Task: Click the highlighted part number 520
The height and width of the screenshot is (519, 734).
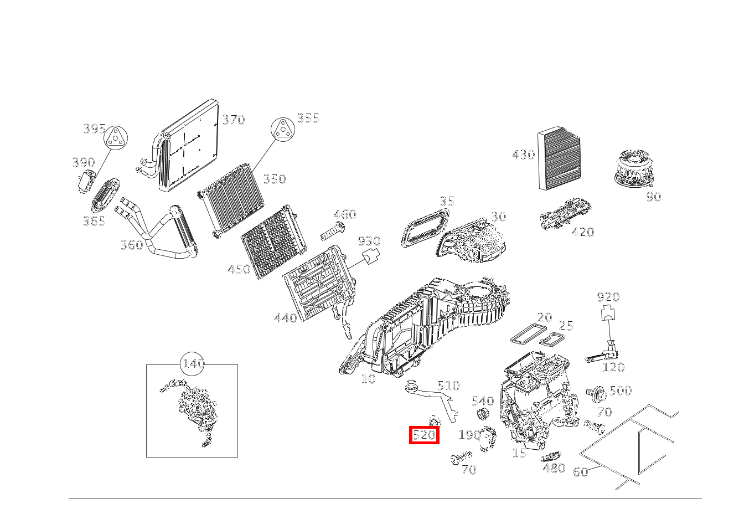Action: pyautogui.click(x=424, y=435)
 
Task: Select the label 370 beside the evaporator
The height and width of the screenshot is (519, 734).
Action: pyautogui.click(x=233, y=120)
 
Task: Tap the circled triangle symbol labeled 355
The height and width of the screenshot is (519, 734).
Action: pyautogui.click(x=282, y=130)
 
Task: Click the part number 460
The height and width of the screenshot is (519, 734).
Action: pyautogui.click(x=344, y=215)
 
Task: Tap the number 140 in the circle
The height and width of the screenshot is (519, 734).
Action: pyautogui.click(x=193, y=364)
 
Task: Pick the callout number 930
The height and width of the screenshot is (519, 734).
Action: pyautogui.click(x=369, y=241)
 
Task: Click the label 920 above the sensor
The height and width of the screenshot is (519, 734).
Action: pyautogui.click(x=608, y=297)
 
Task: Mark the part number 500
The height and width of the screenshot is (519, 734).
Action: pyautogui.click(x=620, y=391)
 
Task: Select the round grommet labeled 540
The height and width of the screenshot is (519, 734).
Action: pyautogui.click(x=482, y=413)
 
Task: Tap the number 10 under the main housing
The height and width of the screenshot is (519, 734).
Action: pyautogui.click(x=368, y=379)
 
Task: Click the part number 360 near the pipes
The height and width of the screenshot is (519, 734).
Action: pyautogui.click(x=132, y=245)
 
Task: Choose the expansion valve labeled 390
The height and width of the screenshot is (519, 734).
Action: pyautogui.click(x=85, y=181)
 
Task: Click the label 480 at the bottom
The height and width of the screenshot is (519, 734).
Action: pyautogui.click(x=554, y=469)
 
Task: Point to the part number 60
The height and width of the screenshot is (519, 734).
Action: pyautogui.click(x=580, y=472)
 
